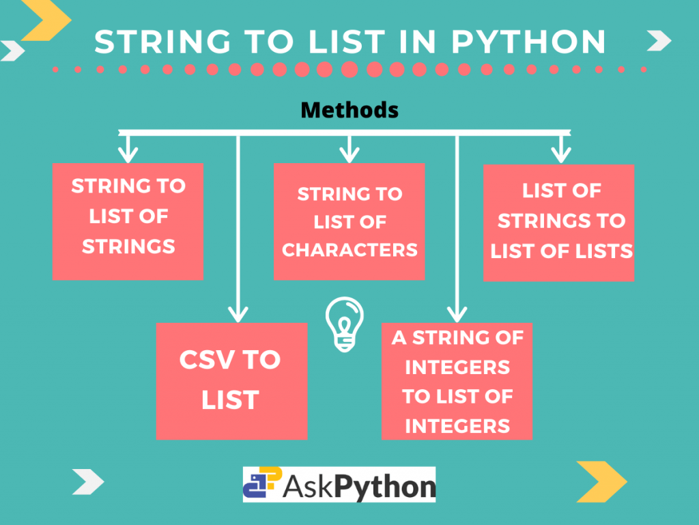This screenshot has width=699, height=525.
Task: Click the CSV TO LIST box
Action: point(231,380)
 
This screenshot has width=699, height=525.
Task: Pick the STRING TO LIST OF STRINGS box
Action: point(128,221)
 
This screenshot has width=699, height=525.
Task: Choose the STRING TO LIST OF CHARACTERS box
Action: point(349,221)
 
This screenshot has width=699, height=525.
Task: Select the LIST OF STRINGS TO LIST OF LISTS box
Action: point(558,222)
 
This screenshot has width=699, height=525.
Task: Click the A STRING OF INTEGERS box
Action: point(457,381)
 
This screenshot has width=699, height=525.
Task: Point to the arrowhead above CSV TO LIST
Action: point(237,313)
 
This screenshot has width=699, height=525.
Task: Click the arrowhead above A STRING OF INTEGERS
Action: point(457,313)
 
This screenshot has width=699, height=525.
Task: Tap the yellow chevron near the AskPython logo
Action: point(601,481)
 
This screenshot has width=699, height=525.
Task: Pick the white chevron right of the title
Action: point(658,42)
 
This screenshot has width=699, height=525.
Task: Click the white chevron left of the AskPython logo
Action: point(88,482)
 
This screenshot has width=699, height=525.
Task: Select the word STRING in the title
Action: point(151,42)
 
